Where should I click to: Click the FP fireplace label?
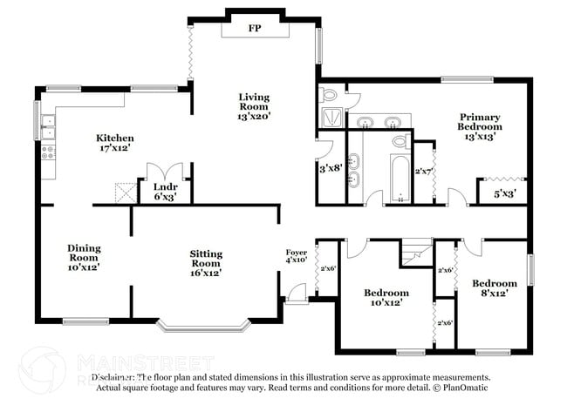(x=256, y=29)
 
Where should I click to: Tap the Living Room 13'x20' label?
(x=256, y=105)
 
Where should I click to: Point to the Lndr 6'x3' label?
(x=166, y=192)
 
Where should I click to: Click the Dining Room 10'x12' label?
(x=84, y=258)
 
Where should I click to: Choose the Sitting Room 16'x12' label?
(x=206, y=263)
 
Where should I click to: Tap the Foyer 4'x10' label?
(x=297, y=255)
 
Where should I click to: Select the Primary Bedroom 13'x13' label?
(x=481, y=126)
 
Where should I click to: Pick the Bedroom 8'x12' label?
(x=495, y=288)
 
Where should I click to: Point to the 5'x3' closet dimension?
(x=503, y=193)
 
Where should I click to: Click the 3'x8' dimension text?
(x=331, y=168)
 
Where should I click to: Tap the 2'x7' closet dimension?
(x=424, y=172)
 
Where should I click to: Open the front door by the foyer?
(x=297, y=296)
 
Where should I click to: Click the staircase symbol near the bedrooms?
(x=416, y=253)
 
